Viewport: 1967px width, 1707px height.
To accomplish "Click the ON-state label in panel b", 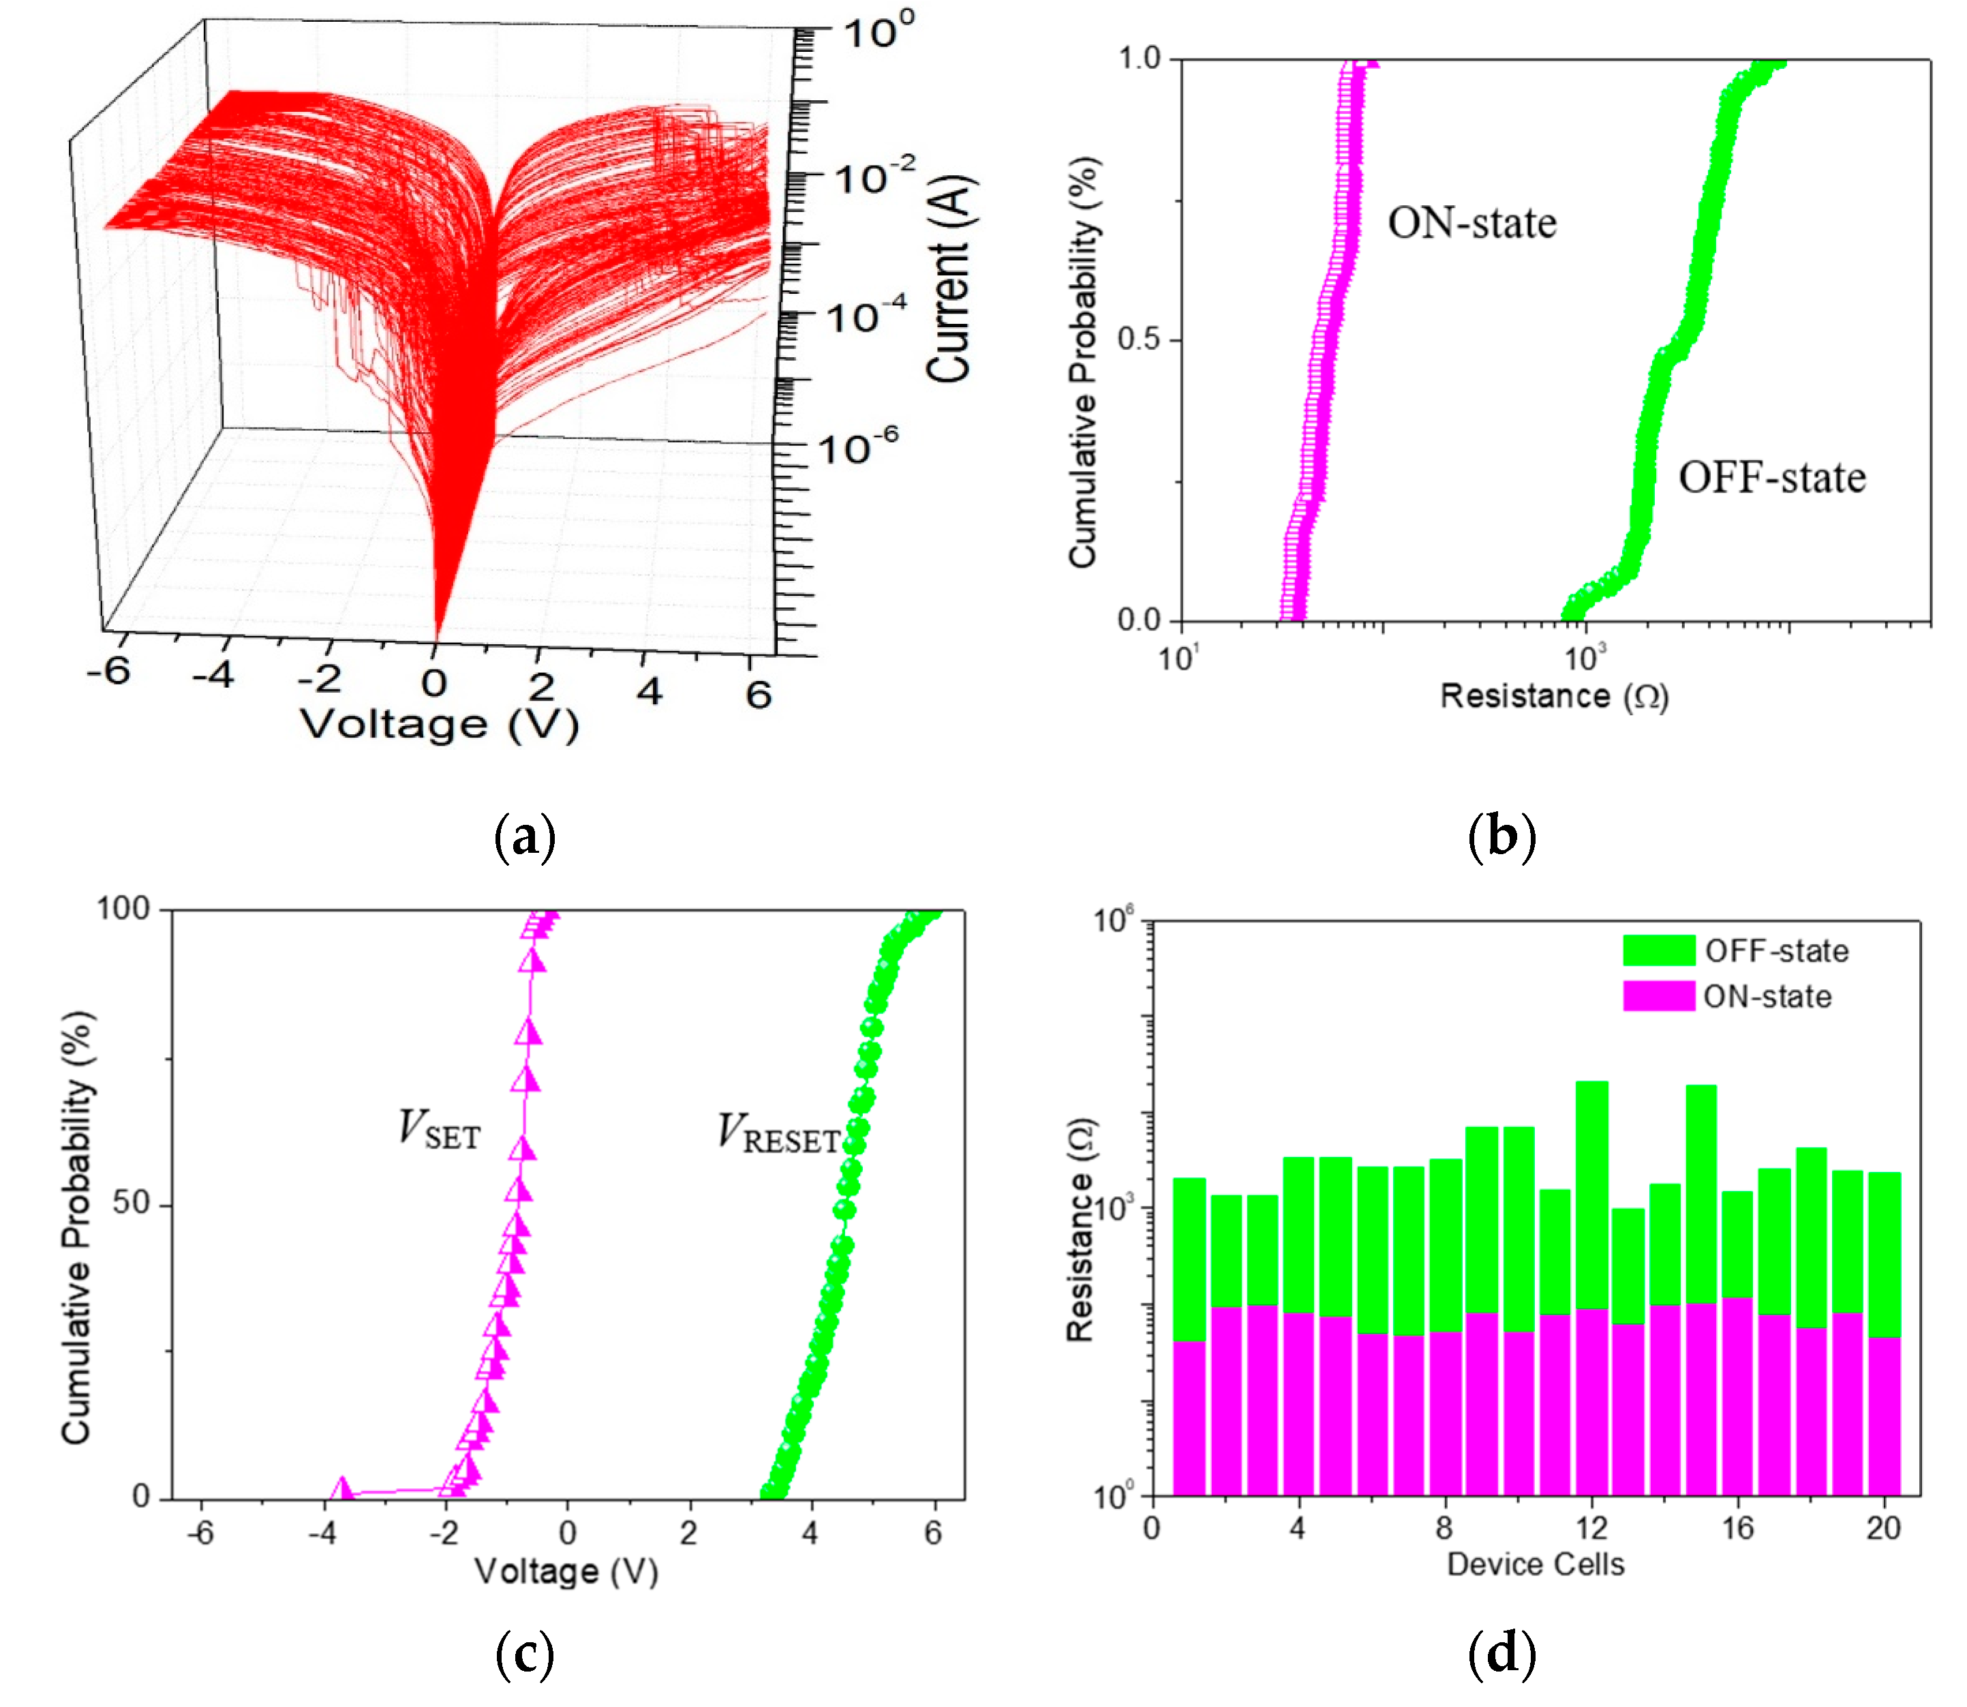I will click(x=1471, y=223).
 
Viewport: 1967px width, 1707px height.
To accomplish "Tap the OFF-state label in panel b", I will click(x=1771, y=477).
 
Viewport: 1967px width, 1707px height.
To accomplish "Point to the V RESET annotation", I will click(x=778, y=1134).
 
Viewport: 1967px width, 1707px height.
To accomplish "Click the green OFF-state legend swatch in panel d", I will click(x=1658, y=951).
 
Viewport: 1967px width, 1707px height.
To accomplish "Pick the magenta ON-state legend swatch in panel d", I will click(x=1658, y=997).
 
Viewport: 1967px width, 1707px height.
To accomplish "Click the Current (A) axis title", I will click(x=949, y=279).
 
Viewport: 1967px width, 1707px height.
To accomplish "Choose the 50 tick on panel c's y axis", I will click(x=130, y=1203).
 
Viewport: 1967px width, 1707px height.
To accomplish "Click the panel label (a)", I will click(x=525, y=836).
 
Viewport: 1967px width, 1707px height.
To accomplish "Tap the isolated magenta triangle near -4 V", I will click(x=341, y=1489).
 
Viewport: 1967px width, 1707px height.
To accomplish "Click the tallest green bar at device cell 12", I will click(x=1591, y=1191).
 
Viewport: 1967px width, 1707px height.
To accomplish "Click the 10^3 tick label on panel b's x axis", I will click(x=1584, y=656).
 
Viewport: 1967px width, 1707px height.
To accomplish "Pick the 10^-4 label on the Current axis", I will click(x=864, y=316).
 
